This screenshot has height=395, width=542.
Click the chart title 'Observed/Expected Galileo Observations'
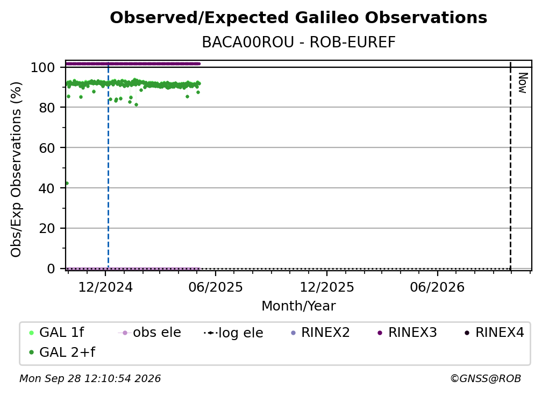click(x=298, y=18)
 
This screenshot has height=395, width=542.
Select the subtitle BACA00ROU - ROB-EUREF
click(x=298, y=43)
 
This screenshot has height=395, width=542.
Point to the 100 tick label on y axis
click(x=43, y=67)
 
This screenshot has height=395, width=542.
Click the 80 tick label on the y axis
click(x=47, y=108)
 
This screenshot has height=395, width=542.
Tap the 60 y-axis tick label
click(x=47, y=148)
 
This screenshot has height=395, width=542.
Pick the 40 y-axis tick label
click(x=47, y=188)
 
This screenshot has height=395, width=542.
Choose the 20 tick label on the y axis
click(x=47, y=229)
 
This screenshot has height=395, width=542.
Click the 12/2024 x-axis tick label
click(x=105, y=287)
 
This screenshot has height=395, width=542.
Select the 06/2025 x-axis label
click(x=216, y=287)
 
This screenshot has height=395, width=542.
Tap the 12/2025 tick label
click(x=327, y=287)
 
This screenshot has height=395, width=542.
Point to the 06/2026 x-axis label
click(x=437, y=287)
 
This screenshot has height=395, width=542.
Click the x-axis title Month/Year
click(x=298, y=306)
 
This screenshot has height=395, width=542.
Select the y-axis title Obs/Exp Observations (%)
click(x=16, y=170)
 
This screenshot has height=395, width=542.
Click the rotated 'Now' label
click(x=523, y=83)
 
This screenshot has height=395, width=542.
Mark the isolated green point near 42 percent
click(x=67, y=184)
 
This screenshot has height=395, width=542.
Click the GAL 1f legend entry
click(x=56, y=333)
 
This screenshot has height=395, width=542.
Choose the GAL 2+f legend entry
click(x=62, y=352)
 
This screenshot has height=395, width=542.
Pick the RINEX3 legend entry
click(x=407, y=333)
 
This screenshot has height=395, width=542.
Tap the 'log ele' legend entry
click(x=234, y=333)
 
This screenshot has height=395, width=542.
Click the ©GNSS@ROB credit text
click(x=486, y=378)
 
